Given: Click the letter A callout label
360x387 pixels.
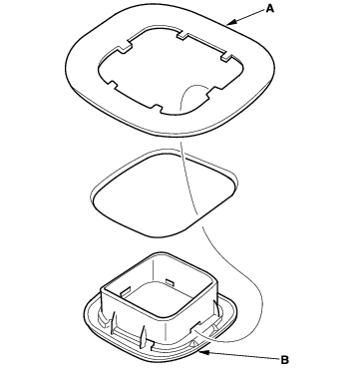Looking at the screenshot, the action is coord(270,9).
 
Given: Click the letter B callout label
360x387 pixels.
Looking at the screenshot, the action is coord(284,360).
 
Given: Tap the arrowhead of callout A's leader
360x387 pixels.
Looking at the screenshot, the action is coord(231,22).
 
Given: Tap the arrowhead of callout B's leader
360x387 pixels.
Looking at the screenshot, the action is coord(203,352).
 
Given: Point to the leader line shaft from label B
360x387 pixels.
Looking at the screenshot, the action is coord(243,356).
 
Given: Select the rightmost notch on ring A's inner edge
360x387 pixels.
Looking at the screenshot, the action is coord(226,57).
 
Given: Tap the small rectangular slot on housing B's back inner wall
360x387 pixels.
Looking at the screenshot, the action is coord(170,282).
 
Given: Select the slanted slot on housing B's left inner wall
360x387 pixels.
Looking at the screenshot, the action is coord(126,292).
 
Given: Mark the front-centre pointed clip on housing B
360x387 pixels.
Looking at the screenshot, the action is coord(144,335).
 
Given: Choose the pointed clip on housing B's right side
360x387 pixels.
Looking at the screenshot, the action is coord(216,308).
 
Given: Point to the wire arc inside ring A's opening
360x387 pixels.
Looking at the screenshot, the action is coord(191,93).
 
